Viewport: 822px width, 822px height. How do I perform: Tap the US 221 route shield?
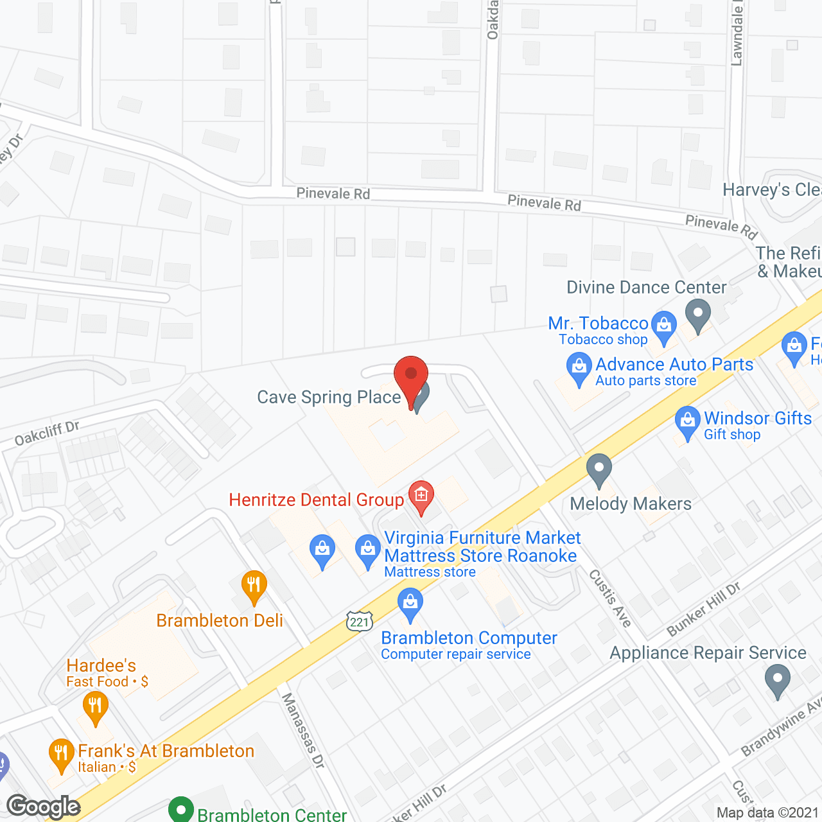[x=360, y=621]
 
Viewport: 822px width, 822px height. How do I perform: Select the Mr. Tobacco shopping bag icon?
[x=664, y=325]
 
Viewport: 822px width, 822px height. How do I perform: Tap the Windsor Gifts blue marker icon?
[x=687, y=422]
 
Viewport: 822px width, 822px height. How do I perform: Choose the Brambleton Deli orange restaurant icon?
[x=254, y=586]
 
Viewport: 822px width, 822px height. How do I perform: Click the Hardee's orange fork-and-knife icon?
[x=95, y=707]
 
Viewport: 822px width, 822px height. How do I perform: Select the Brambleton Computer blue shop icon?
[x=410, y=604]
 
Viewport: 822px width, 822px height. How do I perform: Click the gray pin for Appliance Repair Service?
[x=778, y=679]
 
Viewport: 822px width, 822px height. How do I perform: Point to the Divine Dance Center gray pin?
[x=697, y=315]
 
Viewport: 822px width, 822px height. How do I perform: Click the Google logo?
[x=43, y=807]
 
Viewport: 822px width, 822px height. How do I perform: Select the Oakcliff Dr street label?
[x=47, y=433]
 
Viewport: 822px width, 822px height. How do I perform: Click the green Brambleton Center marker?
[x=181, y=810]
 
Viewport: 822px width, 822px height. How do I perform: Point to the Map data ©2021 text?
[x=767, y=812]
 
